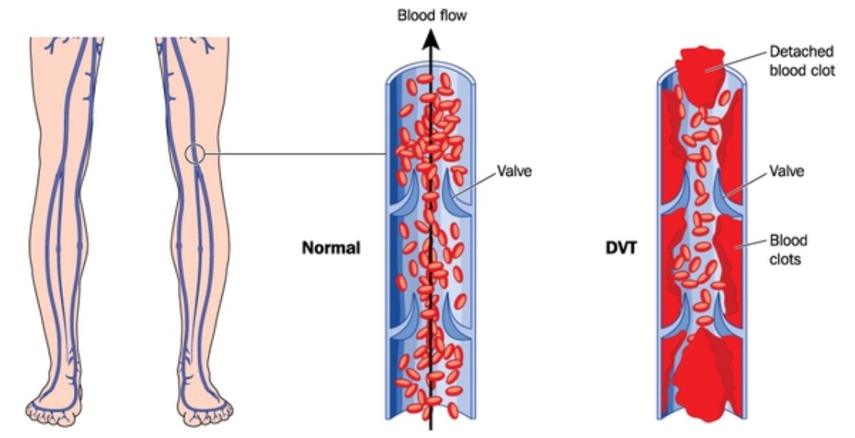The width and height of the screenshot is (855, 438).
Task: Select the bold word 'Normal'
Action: (331, 249)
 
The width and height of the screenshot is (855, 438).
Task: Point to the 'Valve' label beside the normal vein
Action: (514, 170)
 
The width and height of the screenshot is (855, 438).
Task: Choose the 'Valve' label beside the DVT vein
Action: (786, 171)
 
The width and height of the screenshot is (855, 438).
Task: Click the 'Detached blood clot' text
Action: (802, 61)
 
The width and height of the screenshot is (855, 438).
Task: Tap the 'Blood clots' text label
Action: (788, 249)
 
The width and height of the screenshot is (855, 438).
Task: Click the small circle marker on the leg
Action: (195, 154)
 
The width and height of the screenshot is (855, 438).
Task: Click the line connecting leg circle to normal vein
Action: (296, 154)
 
